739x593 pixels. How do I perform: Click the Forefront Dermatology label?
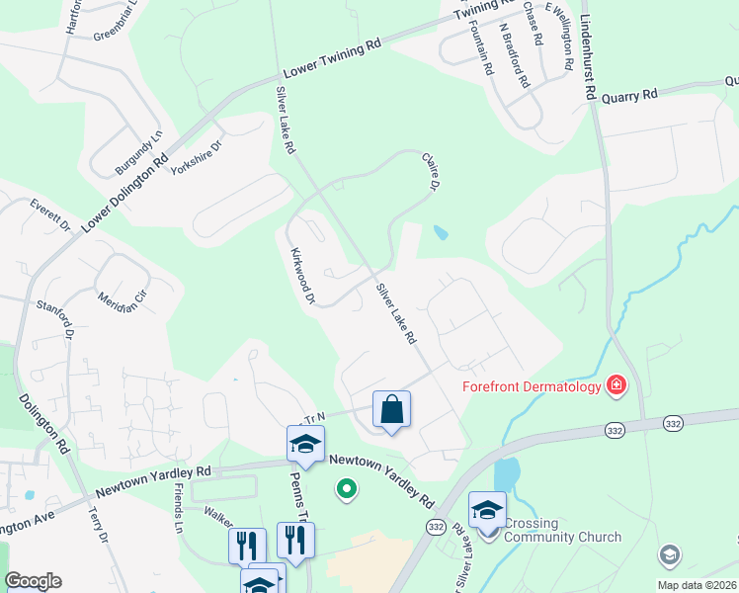coord(532,385)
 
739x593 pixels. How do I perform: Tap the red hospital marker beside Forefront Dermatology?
coord(616,384)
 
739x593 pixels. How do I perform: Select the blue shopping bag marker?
coord(391,410)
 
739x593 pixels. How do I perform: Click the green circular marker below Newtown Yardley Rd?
coord(346,487)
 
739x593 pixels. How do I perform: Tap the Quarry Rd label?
coord(629,96)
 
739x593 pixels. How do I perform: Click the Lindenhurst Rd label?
coord(590,49)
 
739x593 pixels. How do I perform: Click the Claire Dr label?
coord(430,170)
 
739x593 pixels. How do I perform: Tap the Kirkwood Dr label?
coord(302,276)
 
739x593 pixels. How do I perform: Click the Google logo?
coord(33,581)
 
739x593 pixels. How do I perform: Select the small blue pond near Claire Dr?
coord(440,233)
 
